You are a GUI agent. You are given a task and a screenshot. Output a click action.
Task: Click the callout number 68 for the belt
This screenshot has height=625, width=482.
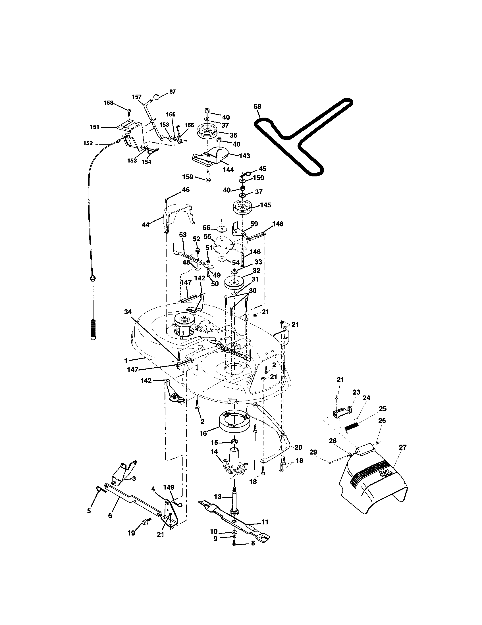click(x=257, y=107)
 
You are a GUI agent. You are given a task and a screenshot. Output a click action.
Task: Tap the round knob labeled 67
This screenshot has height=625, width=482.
click(x=156, y=97)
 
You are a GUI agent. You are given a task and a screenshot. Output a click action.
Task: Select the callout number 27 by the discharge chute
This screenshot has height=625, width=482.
click(x=402, y=447)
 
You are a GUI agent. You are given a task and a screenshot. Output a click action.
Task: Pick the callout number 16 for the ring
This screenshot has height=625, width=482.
click(x=203, y=434)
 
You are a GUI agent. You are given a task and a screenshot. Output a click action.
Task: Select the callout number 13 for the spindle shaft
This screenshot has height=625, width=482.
click(x=217, y=497)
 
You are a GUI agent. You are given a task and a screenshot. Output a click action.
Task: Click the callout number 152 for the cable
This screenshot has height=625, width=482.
click(x=88, y=143)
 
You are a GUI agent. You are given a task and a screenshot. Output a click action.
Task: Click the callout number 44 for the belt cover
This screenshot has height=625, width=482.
click(x=146, y=225)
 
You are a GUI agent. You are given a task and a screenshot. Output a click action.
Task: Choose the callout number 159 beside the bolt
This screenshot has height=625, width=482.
click(x=188, y=177)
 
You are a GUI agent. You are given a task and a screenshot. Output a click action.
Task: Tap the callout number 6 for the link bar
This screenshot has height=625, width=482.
click(x=110, y=516)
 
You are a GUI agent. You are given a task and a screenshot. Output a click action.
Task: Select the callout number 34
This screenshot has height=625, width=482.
click(x=128, y=312)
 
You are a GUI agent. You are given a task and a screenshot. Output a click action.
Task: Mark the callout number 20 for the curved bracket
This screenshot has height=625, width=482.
click(x=298, y=447)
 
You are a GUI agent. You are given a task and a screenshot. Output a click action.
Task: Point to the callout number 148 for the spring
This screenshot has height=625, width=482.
click(x=278, y=224)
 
